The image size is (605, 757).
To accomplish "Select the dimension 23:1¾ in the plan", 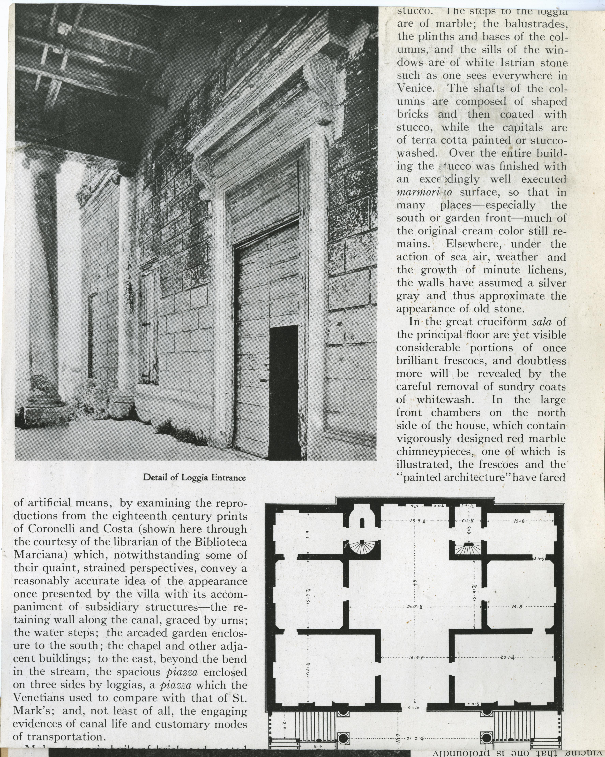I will [507, 657].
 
